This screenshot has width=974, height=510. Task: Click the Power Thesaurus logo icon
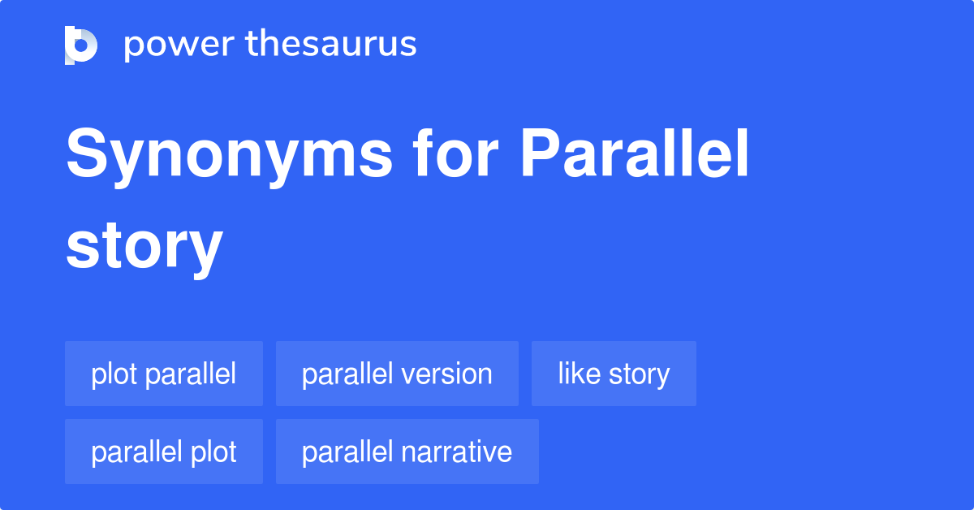81,45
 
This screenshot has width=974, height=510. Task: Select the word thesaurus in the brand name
331,45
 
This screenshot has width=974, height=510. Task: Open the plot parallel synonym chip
164,374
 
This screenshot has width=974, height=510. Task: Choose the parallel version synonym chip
397,374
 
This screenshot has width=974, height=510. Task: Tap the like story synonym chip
614,374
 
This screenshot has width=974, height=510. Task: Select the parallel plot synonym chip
164,452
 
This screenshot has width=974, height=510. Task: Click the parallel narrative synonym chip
407,452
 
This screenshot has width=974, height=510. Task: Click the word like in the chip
580,374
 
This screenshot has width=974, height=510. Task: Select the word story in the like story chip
640,374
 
